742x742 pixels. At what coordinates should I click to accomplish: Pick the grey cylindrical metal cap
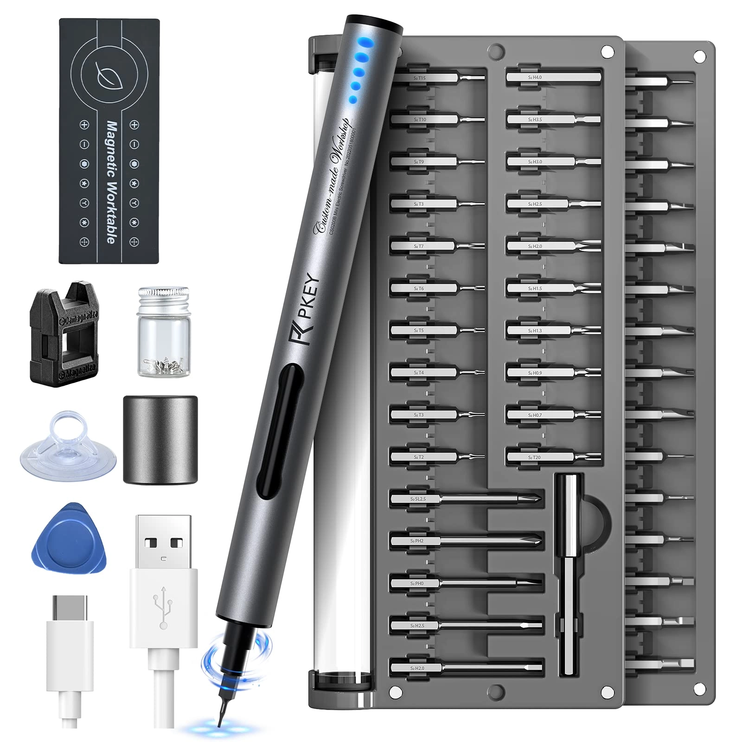[160, 439]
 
